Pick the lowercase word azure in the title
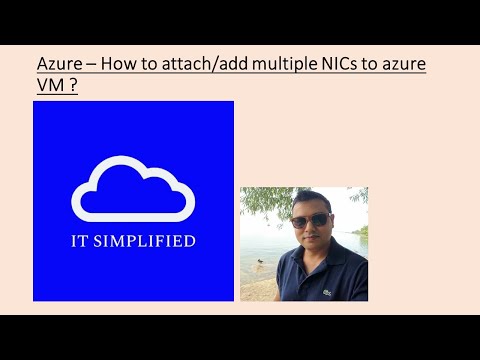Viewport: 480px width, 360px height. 403,66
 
